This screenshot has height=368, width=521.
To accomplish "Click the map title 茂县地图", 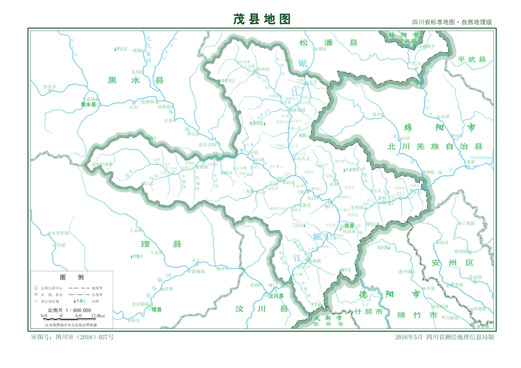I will point(261,19).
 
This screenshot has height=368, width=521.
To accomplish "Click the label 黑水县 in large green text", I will point(135,80).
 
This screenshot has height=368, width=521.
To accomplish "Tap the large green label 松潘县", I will point(328,43).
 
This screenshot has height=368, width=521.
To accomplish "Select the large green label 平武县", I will point(472,59).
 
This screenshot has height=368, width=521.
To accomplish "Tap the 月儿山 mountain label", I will point(148,183).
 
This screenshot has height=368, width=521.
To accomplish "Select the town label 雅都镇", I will point(202,167).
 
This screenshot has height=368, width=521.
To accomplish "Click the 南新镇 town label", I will point(315,260).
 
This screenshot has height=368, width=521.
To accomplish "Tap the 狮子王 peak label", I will point(347,269).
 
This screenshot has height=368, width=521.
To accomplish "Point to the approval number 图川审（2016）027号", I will point(72,337).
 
